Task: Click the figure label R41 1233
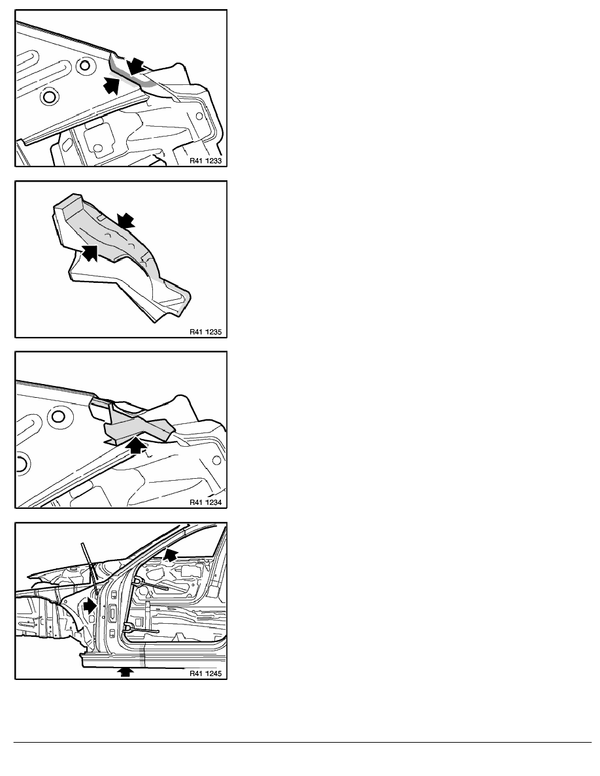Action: pyautogui.click(x=205, y=161)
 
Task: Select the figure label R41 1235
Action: pyautogui.click(x=205, y=332)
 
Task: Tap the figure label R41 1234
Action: pyautogui.click(x=205, y=502)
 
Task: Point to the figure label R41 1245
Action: pyautogui.click(x=205, y=673)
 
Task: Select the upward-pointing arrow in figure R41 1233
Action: pyautogui.click(x=112, y=85)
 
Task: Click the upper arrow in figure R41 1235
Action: pyautogui.click(x=125, y=221)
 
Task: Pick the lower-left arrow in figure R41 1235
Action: pyautogui.click(x=90, y=251)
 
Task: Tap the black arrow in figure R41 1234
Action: pyautogui.click(x=137, y=446)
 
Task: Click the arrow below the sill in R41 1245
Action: pyautogui.click(x=127, y=671)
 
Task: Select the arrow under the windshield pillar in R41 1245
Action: pyautogui.click(x=171, y=555)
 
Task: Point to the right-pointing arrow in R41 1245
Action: pyautogui.click(x=89, y=606)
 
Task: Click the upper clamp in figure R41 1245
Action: pyautogui.click(x=148, y=583)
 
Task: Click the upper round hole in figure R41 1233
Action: pyautogui.click(x=85, y=65)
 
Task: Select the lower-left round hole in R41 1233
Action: pyautogui.click(x=48, y=97)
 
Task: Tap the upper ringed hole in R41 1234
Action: pyautogui.click(x=58, y=415)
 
